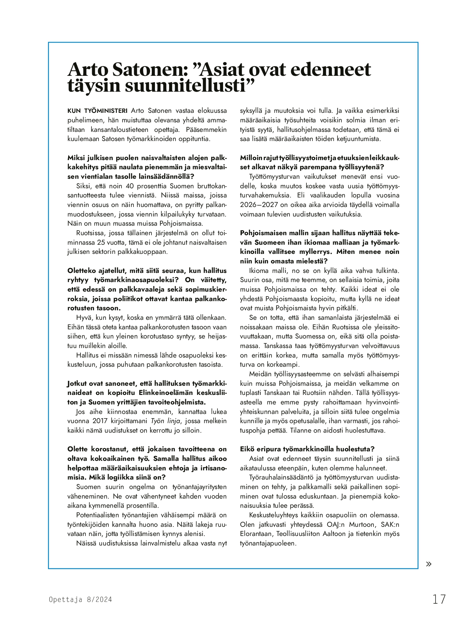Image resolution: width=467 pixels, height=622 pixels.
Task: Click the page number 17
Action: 439,599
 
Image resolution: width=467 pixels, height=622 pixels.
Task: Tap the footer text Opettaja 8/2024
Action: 80,599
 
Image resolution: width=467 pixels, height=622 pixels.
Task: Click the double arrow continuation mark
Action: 429,564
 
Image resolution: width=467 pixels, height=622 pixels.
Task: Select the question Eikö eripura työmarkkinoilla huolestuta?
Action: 307,449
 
